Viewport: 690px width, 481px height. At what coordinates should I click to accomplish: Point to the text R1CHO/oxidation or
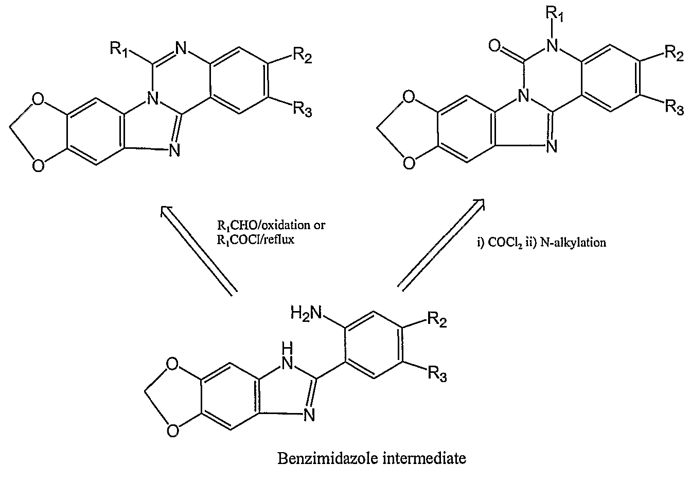coord(271,226)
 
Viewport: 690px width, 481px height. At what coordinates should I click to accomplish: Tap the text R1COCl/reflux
coord(256,239)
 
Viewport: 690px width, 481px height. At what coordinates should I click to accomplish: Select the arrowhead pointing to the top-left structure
coord(166,211)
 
